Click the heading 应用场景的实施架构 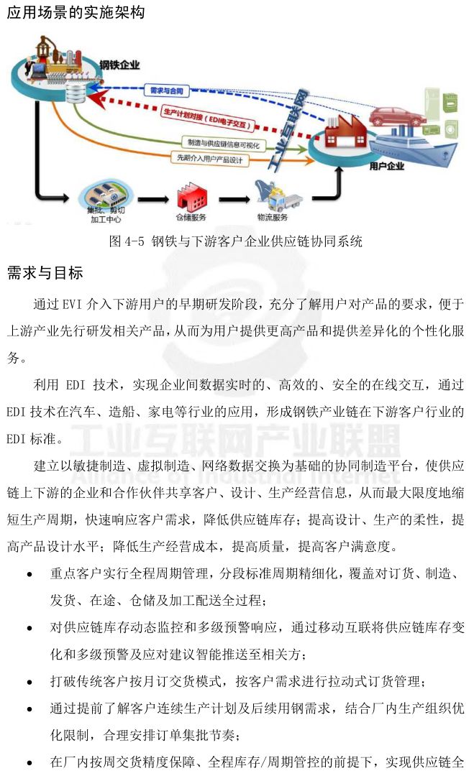coord(75,12)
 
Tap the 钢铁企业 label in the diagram coord(119,65)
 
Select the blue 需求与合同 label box coord(168,91)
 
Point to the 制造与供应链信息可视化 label coord(223,142)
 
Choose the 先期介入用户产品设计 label coord(209,157)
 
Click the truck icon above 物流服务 coord(275,195)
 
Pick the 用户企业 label coord(386,167)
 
